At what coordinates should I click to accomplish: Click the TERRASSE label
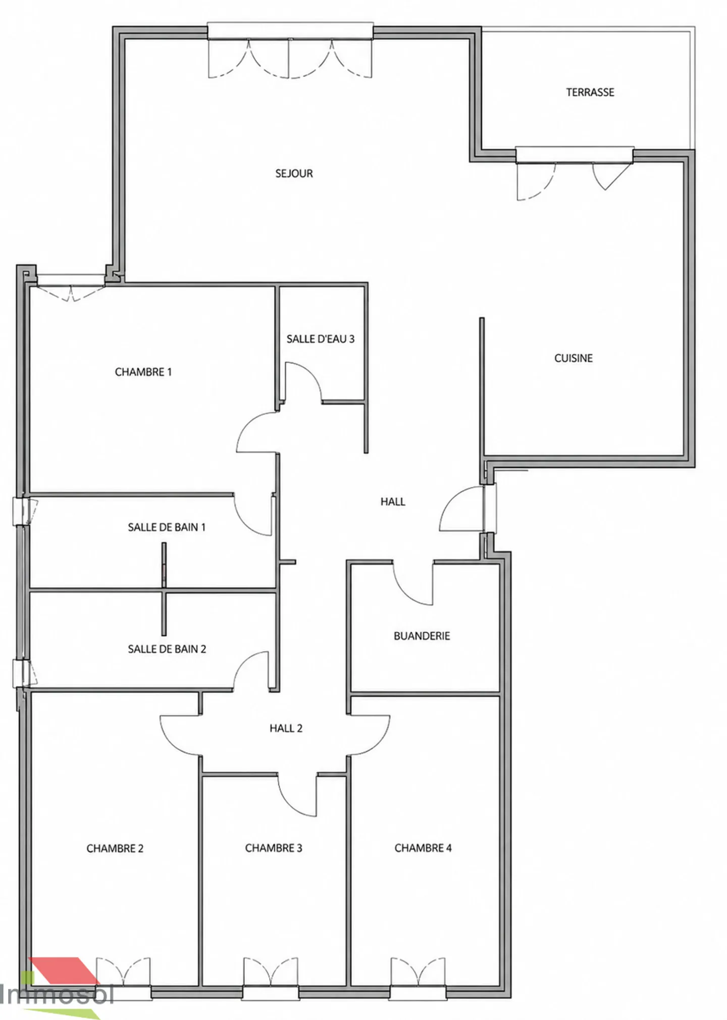tap(590, 92)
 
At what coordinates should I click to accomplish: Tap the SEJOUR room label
tap(294, 174)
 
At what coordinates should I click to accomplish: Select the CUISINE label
tap(573, 358)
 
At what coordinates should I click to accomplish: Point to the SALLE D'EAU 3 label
tap(321, 339)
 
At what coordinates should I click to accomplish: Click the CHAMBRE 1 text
tap(143, 372)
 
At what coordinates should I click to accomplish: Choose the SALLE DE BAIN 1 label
tap(167, 527)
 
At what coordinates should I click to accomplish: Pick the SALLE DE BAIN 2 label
tap(167, 649)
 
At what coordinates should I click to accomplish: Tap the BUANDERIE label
tap(422, 636)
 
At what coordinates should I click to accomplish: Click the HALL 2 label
tap(286, 728)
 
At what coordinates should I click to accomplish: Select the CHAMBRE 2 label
tap(115, 849)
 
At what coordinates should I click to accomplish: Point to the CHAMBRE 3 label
tap(274, 848)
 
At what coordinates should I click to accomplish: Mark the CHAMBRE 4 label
tap(423, 848)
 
